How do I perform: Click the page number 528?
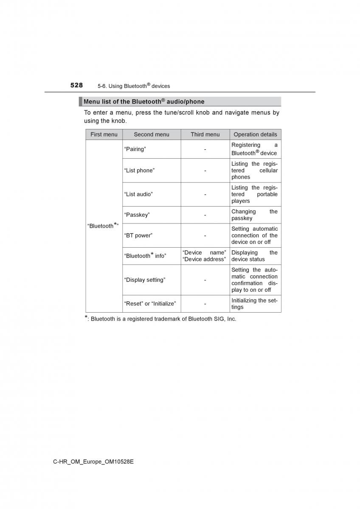pyautogui.click(x=76, y=85)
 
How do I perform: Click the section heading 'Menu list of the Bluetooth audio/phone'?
pyautogui.click(x=143, y=102)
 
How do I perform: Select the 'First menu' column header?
pyautogui.click(x=104, y=134)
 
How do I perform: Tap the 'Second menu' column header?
pyautogui.click(x=152, y=134)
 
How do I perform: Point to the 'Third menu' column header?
pyautogui.click(x=205, y=134)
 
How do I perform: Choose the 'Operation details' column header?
pyautogui.click(x=255, y=134)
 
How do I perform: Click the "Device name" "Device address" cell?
pyautogui.click(x=205, y=256)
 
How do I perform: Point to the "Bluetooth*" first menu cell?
pyautogui.click(x=103, y=226)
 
